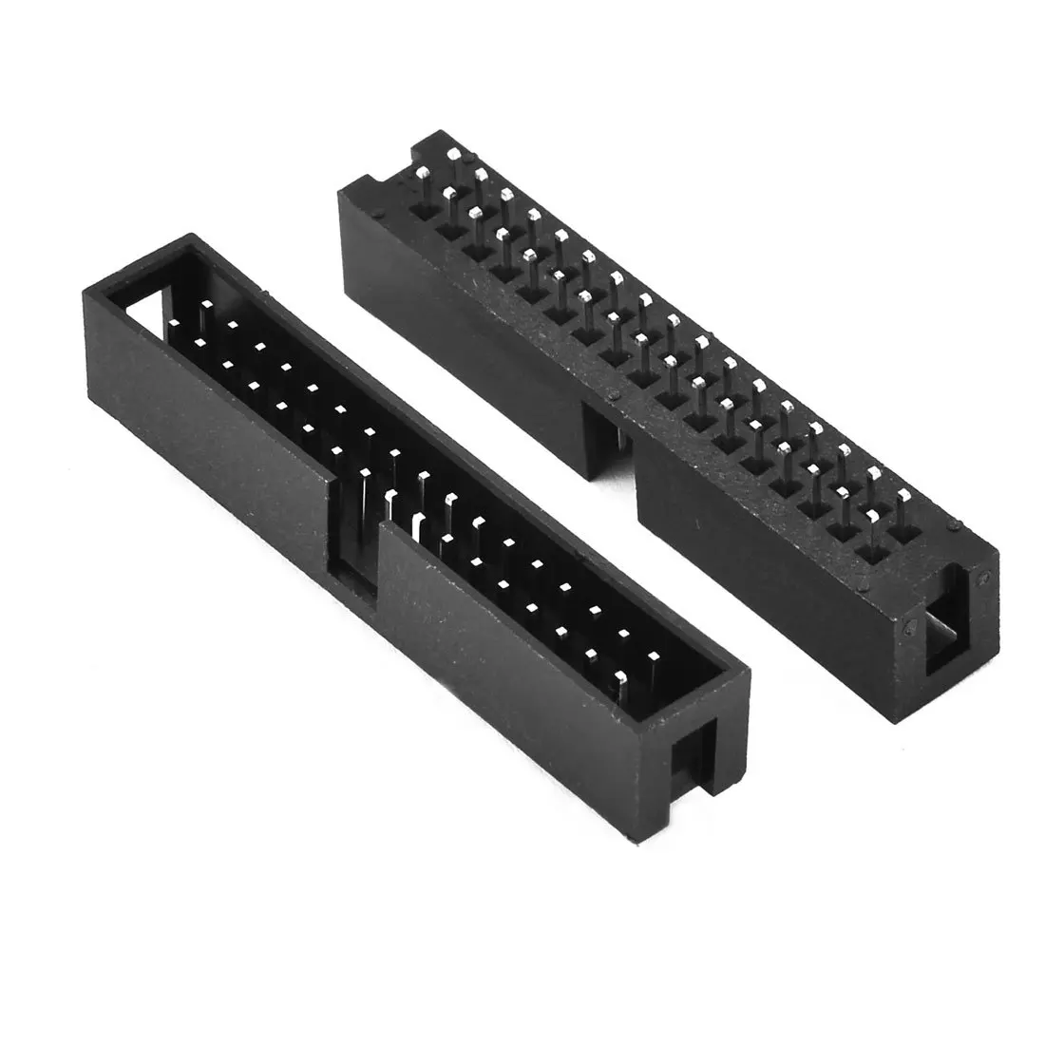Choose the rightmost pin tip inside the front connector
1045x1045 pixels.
654,654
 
